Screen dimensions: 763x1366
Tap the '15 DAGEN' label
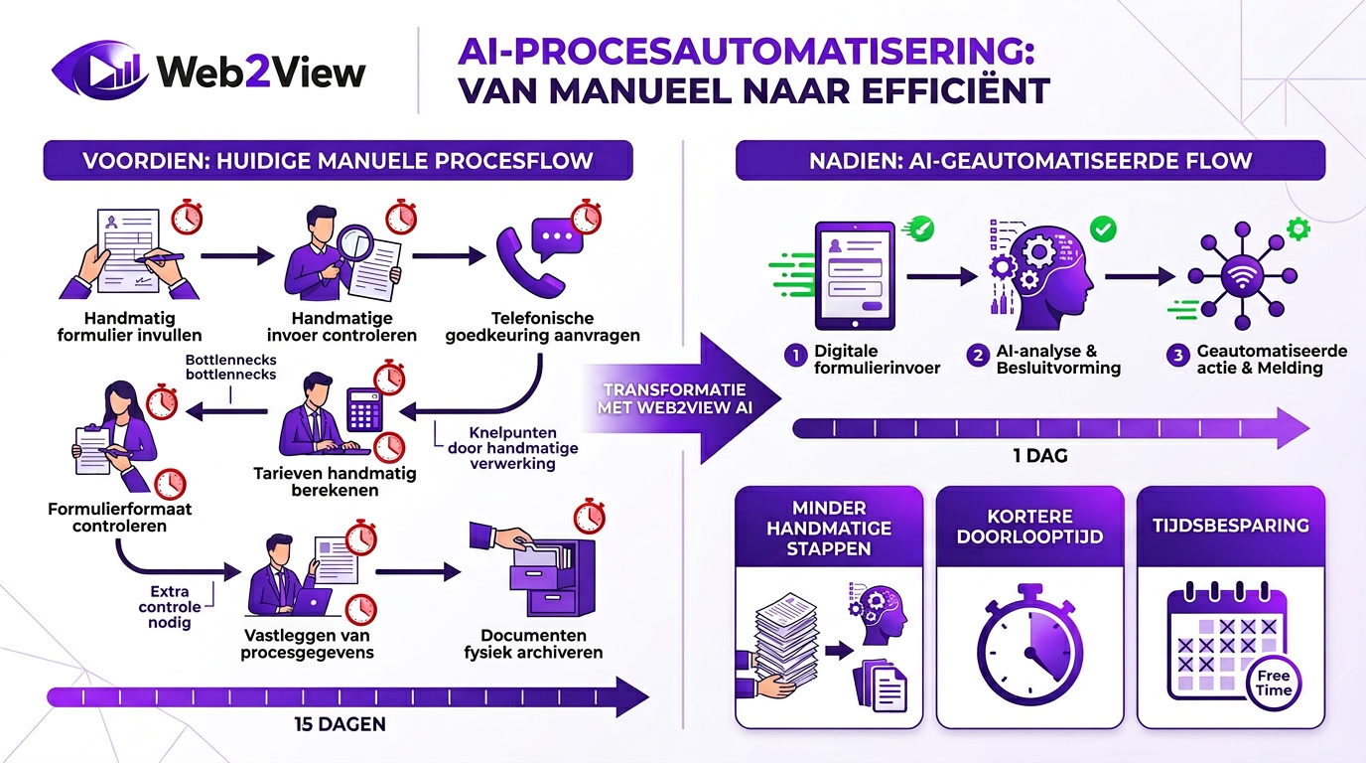click(340, 724)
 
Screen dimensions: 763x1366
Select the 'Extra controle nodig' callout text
click(170, 606)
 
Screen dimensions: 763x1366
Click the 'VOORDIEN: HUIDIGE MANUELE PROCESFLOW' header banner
click(338, 160)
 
